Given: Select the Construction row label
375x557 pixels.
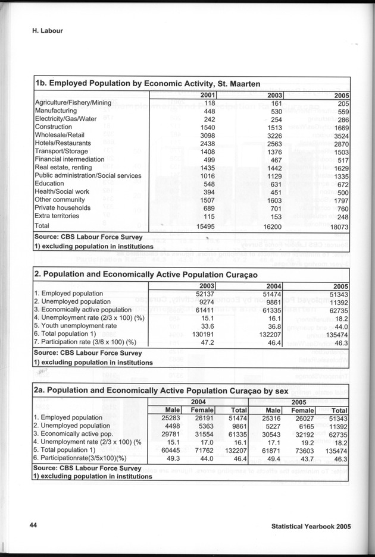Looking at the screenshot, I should coord(54,127).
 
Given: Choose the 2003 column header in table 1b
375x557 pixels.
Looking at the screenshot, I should coord(274,95).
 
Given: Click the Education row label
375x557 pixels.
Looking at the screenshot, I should coord(50,184).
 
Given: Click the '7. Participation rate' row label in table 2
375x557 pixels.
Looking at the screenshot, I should coord(86,342).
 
